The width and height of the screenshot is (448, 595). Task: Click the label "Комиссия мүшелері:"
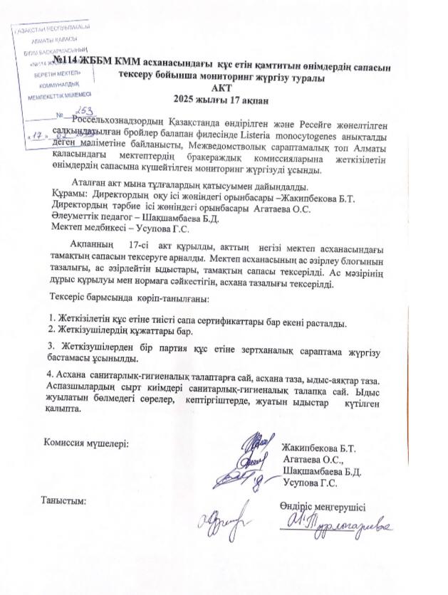(x=85, y=442)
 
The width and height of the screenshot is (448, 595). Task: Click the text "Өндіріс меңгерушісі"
(x=324, y=506)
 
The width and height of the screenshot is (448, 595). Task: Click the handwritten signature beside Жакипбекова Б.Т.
(x=254, y=449)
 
